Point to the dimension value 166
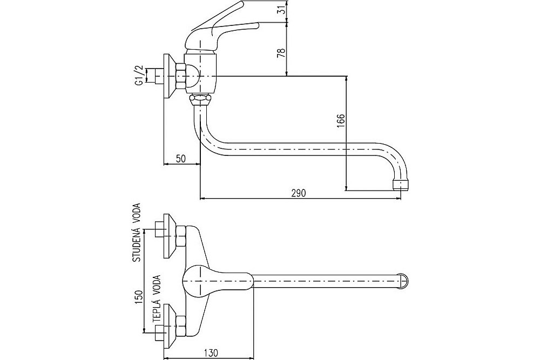click(x=341, y=121)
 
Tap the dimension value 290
click(x=299, y=193)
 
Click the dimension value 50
click(x=181, y=158)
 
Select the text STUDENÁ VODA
click(x=137, y=233)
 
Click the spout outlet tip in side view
click(x=400, y=184)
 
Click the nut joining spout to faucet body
click(x=200, y=99)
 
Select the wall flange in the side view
click(x=170, y=76)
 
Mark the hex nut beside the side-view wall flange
click(x=181, y=76)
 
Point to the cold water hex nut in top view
click(x=181, y=236)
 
